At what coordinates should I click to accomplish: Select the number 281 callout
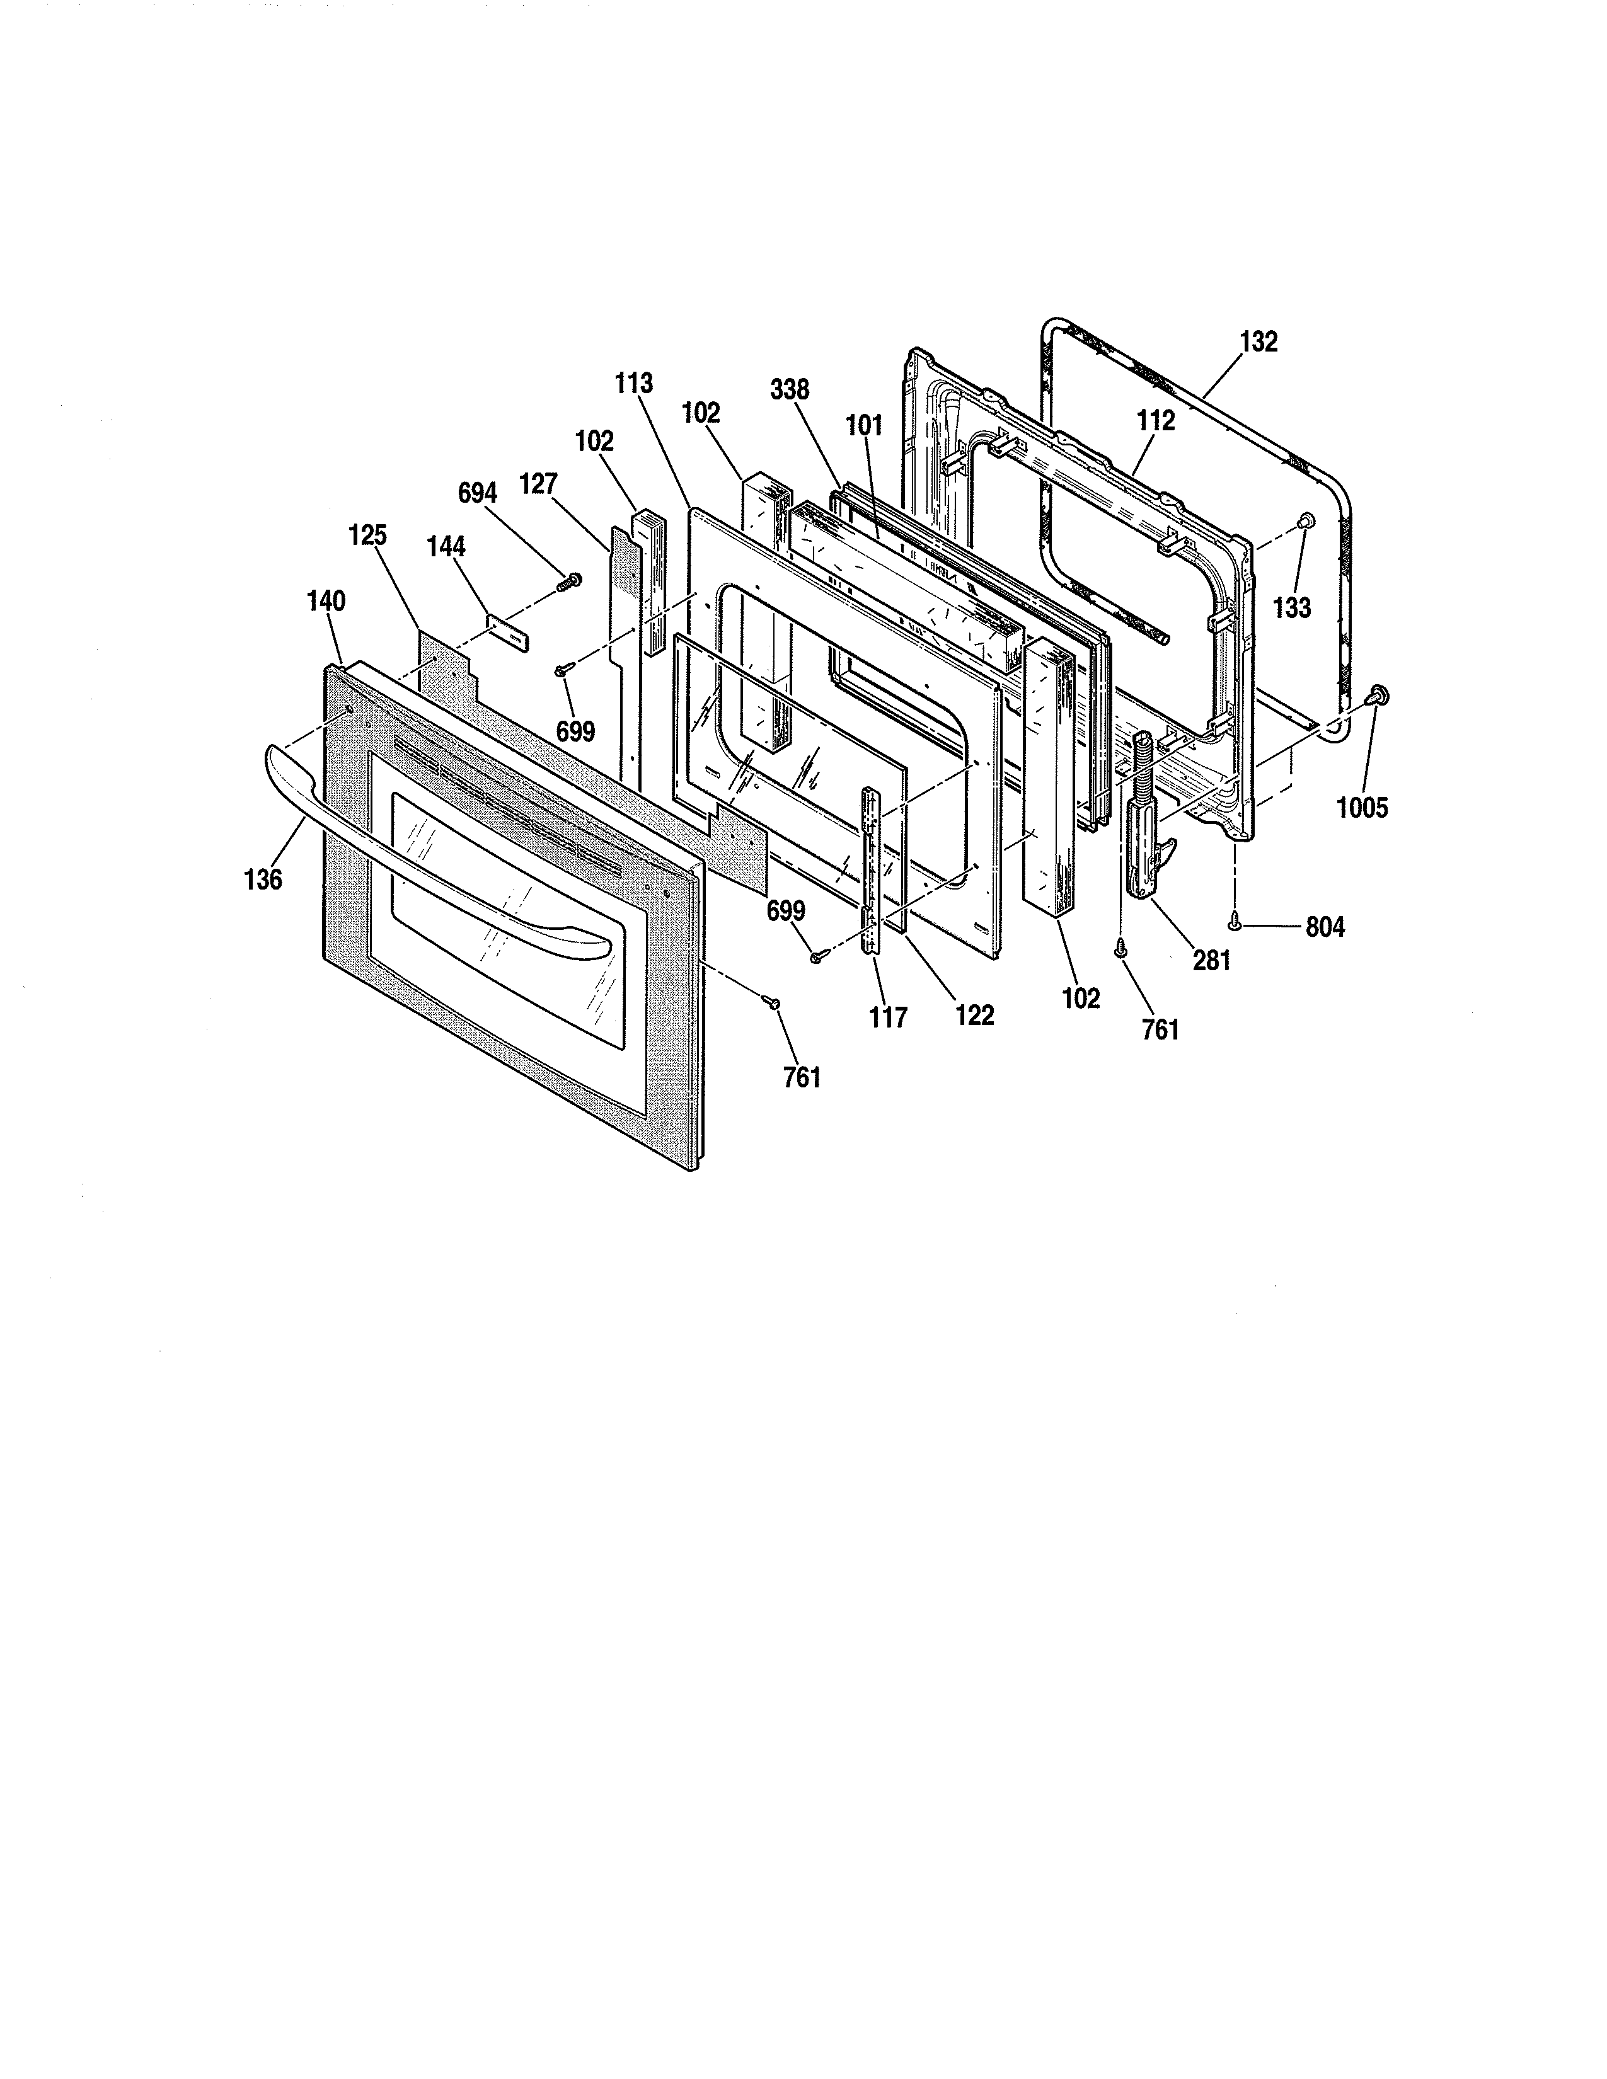[x=1211, y=961]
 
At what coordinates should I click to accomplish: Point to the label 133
[x=1292, y=607]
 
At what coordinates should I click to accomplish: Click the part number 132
[x=1259, y=341]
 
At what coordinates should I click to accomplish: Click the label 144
[x=447, y=546]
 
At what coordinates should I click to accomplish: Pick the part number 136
[x=263, y=879]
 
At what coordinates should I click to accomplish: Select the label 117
[x=888, y=1017]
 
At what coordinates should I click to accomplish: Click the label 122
[x=975, y=1015]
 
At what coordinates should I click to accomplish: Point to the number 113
[x=634, y=384]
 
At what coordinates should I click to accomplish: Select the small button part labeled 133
[x=1306, y=518]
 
